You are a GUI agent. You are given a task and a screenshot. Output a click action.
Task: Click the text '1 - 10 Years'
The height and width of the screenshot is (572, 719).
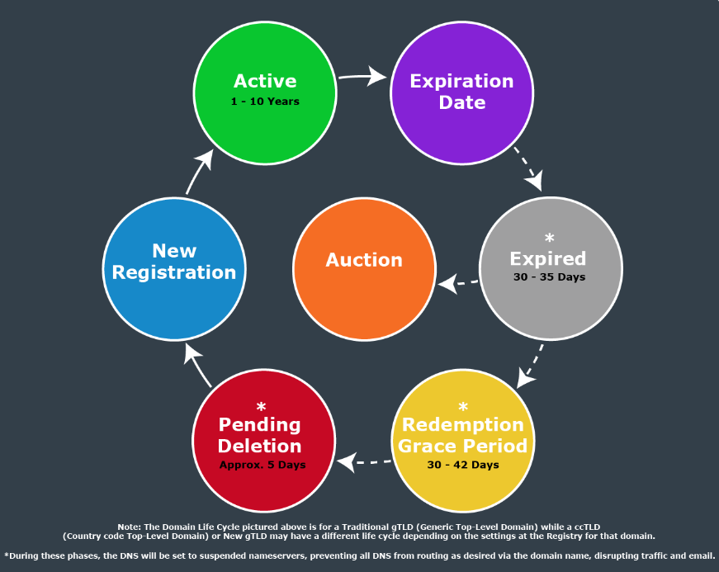(x=265, y=102)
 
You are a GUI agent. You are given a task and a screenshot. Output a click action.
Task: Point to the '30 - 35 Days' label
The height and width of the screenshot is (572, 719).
(x=549, y=277)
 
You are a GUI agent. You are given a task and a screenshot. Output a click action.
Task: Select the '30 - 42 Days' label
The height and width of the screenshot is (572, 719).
(x=462, y=465)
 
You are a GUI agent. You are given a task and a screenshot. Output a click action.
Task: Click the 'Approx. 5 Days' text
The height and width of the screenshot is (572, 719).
(x=263, y=465)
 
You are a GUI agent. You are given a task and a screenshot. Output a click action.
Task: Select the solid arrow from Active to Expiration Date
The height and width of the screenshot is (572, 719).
(x=362, y=77)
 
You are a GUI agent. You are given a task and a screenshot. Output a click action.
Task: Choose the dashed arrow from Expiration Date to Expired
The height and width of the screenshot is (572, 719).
(x=528, y=168)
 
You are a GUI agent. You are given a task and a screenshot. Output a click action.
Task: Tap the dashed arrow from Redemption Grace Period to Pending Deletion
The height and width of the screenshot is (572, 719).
(x=362, y=462)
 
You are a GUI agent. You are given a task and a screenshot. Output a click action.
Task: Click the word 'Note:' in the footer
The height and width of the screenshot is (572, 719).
(x=130, y=526)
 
